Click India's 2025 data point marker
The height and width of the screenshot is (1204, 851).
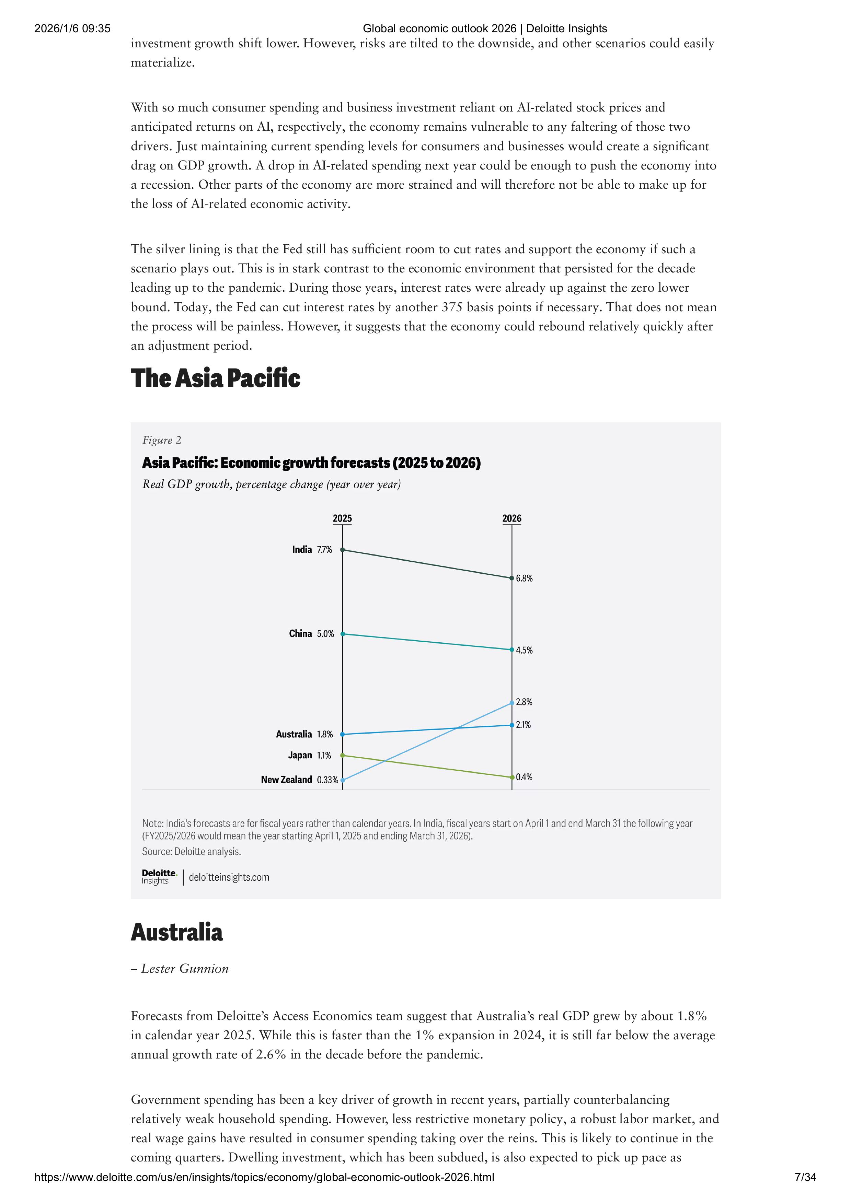click(343, 550)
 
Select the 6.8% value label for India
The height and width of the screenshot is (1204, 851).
click(524, 578)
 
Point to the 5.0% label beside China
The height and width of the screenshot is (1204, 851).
click(325, 633)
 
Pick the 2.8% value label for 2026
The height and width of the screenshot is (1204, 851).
click(524, 702)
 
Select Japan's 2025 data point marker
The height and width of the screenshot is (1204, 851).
click(343, 755)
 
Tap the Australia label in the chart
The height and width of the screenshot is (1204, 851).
click(294, 734)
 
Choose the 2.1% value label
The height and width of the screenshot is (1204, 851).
click(524, 725)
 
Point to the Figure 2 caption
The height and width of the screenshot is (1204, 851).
click(162, 440)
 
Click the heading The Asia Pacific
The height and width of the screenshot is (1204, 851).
click(216, 378)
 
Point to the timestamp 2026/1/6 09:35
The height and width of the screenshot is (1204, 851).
click(72, 28)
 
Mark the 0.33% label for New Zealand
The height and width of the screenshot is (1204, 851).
click(327, 780)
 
